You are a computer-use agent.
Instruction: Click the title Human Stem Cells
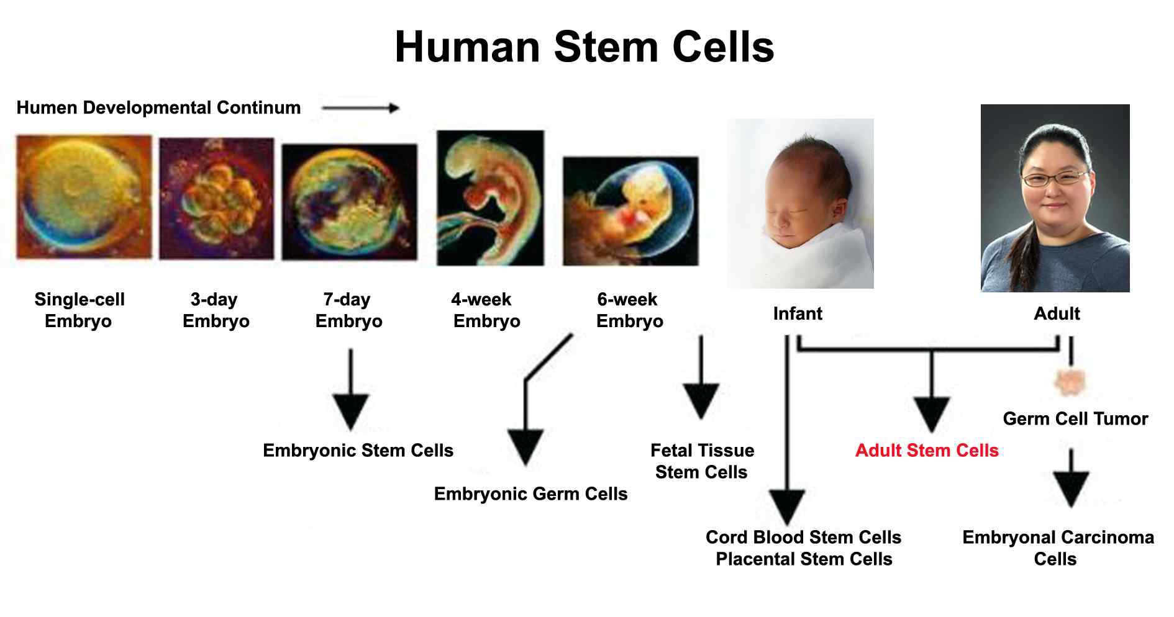585,47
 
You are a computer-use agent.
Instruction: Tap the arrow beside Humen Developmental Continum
360,108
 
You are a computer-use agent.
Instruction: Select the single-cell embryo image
84,197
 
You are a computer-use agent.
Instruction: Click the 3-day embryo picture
216,199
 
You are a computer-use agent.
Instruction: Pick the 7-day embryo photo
350,202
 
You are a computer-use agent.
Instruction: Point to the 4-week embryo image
490,198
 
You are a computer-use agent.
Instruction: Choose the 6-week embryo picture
630,211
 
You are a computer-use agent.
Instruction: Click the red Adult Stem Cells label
927,451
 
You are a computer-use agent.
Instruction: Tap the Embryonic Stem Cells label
358,451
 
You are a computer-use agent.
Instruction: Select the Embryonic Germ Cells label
530,494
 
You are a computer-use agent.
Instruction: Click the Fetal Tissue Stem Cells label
702,461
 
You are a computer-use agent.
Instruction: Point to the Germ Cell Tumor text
1075,419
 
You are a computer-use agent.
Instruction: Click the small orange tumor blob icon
1070,381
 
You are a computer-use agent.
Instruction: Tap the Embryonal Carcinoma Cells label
1058,548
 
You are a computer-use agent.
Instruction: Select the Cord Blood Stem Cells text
803,538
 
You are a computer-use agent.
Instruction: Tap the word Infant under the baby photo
798,314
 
